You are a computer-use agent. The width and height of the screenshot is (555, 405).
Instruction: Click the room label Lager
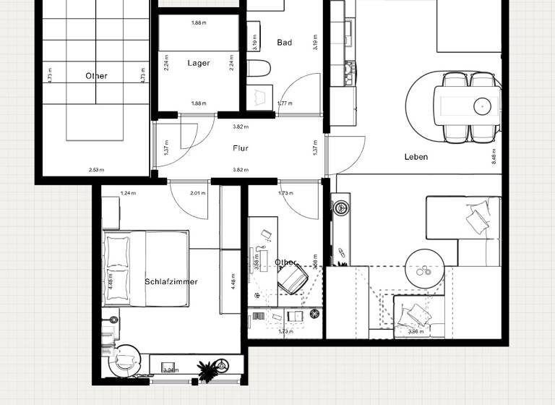coord(199,64)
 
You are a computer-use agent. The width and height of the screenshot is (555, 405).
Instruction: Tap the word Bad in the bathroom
coord(285,43)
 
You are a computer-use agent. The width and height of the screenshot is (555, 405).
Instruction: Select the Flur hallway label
coord(241,148)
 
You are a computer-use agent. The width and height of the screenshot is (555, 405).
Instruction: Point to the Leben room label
coord(416,157)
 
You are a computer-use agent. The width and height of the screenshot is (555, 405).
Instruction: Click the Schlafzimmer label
coord(171,282)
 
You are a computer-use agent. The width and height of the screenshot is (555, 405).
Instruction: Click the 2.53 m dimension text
coord(96,171)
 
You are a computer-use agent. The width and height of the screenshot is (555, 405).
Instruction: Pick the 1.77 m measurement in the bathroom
coord(285,103)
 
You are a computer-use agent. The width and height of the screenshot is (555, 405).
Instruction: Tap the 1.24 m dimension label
coord(128,193)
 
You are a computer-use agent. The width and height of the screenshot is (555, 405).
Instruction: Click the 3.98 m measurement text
coord(415,332)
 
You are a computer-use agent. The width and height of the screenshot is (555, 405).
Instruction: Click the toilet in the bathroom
coord(258,69)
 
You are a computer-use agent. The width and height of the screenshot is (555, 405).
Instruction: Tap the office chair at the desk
coord(292,278)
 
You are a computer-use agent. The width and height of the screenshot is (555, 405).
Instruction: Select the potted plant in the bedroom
coord(207,371)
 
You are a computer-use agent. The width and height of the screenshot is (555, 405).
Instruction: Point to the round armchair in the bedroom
coord(124,359)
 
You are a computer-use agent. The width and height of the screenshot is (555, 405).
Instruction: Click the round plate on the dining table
coord(482,106)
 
